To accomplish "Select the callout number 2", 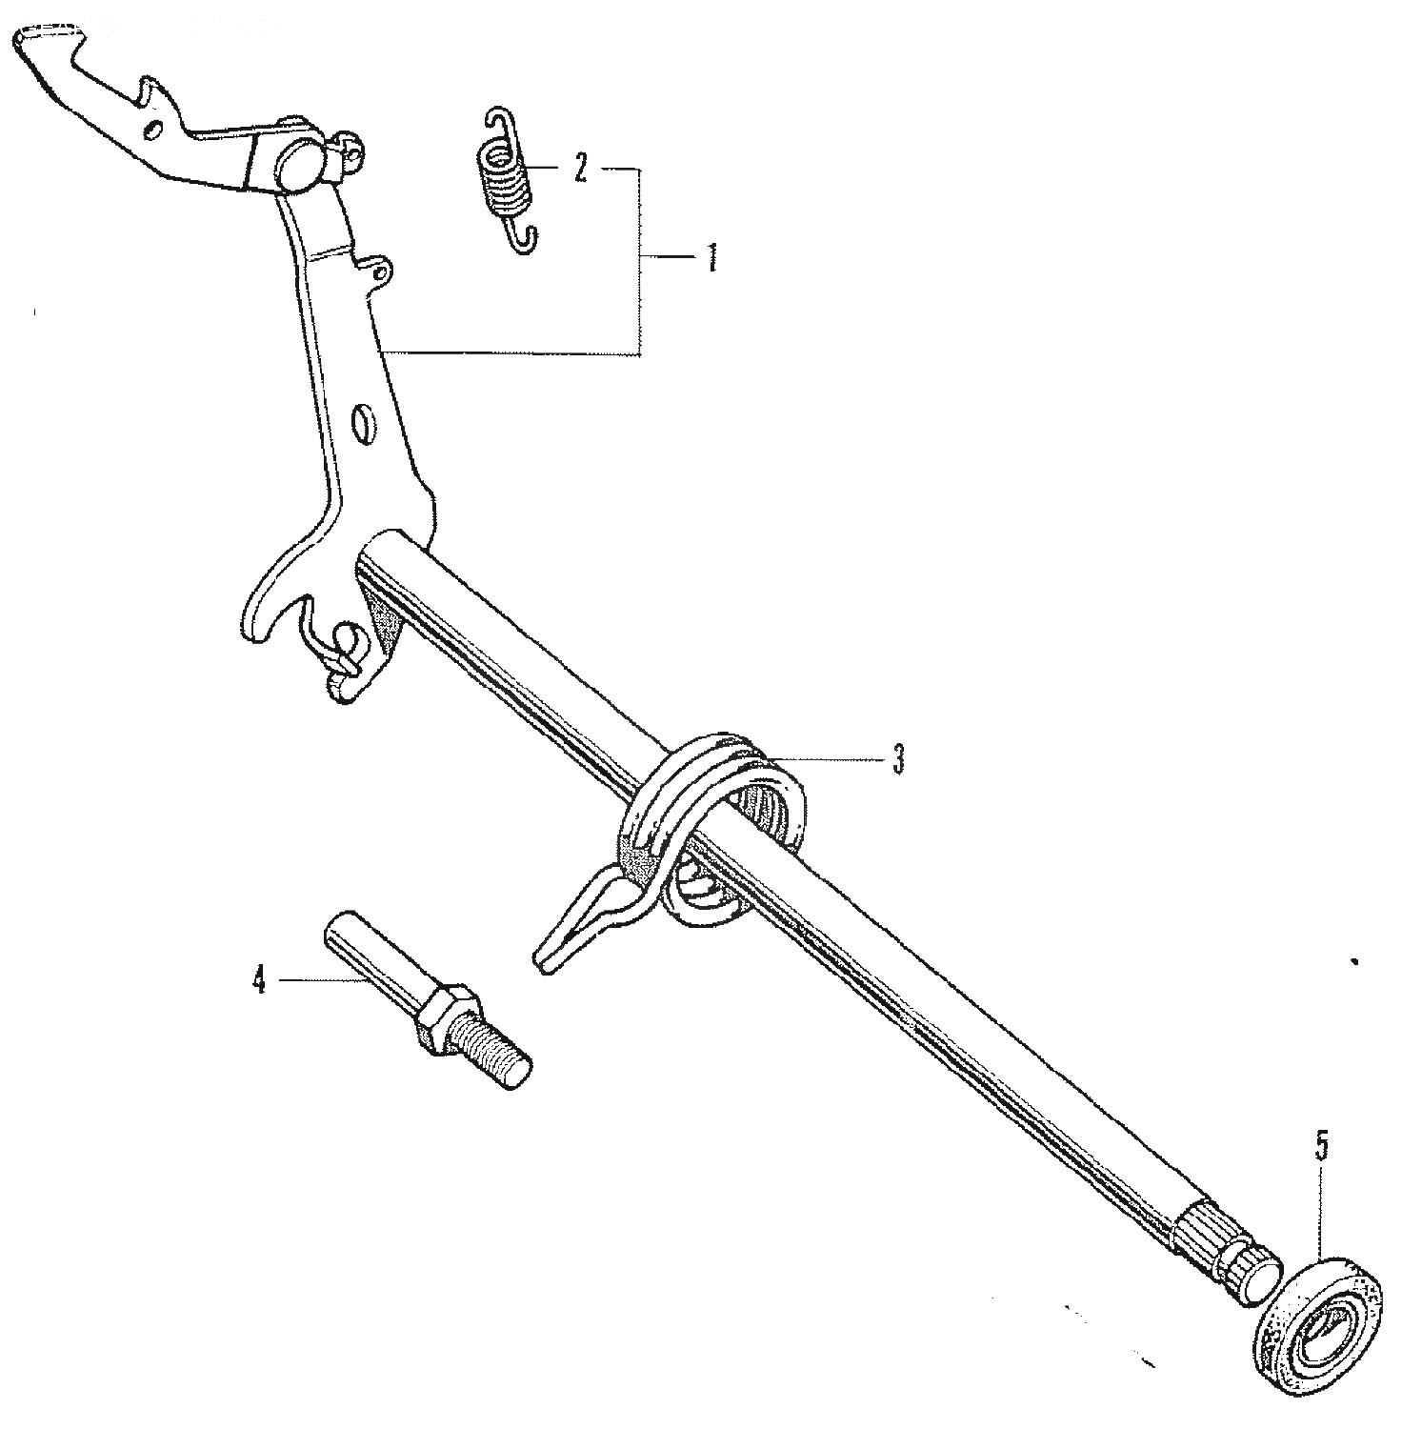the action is pyautogui.click(x=580, y=170).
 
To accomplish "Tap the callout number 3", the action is pyautogui.click(x=898, y=759).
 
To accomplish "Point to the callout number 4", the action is pyautogui.click(x=258, y=979).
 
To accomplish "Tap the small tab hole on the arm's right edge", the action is pyautogui.click(x=381, y=274).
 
